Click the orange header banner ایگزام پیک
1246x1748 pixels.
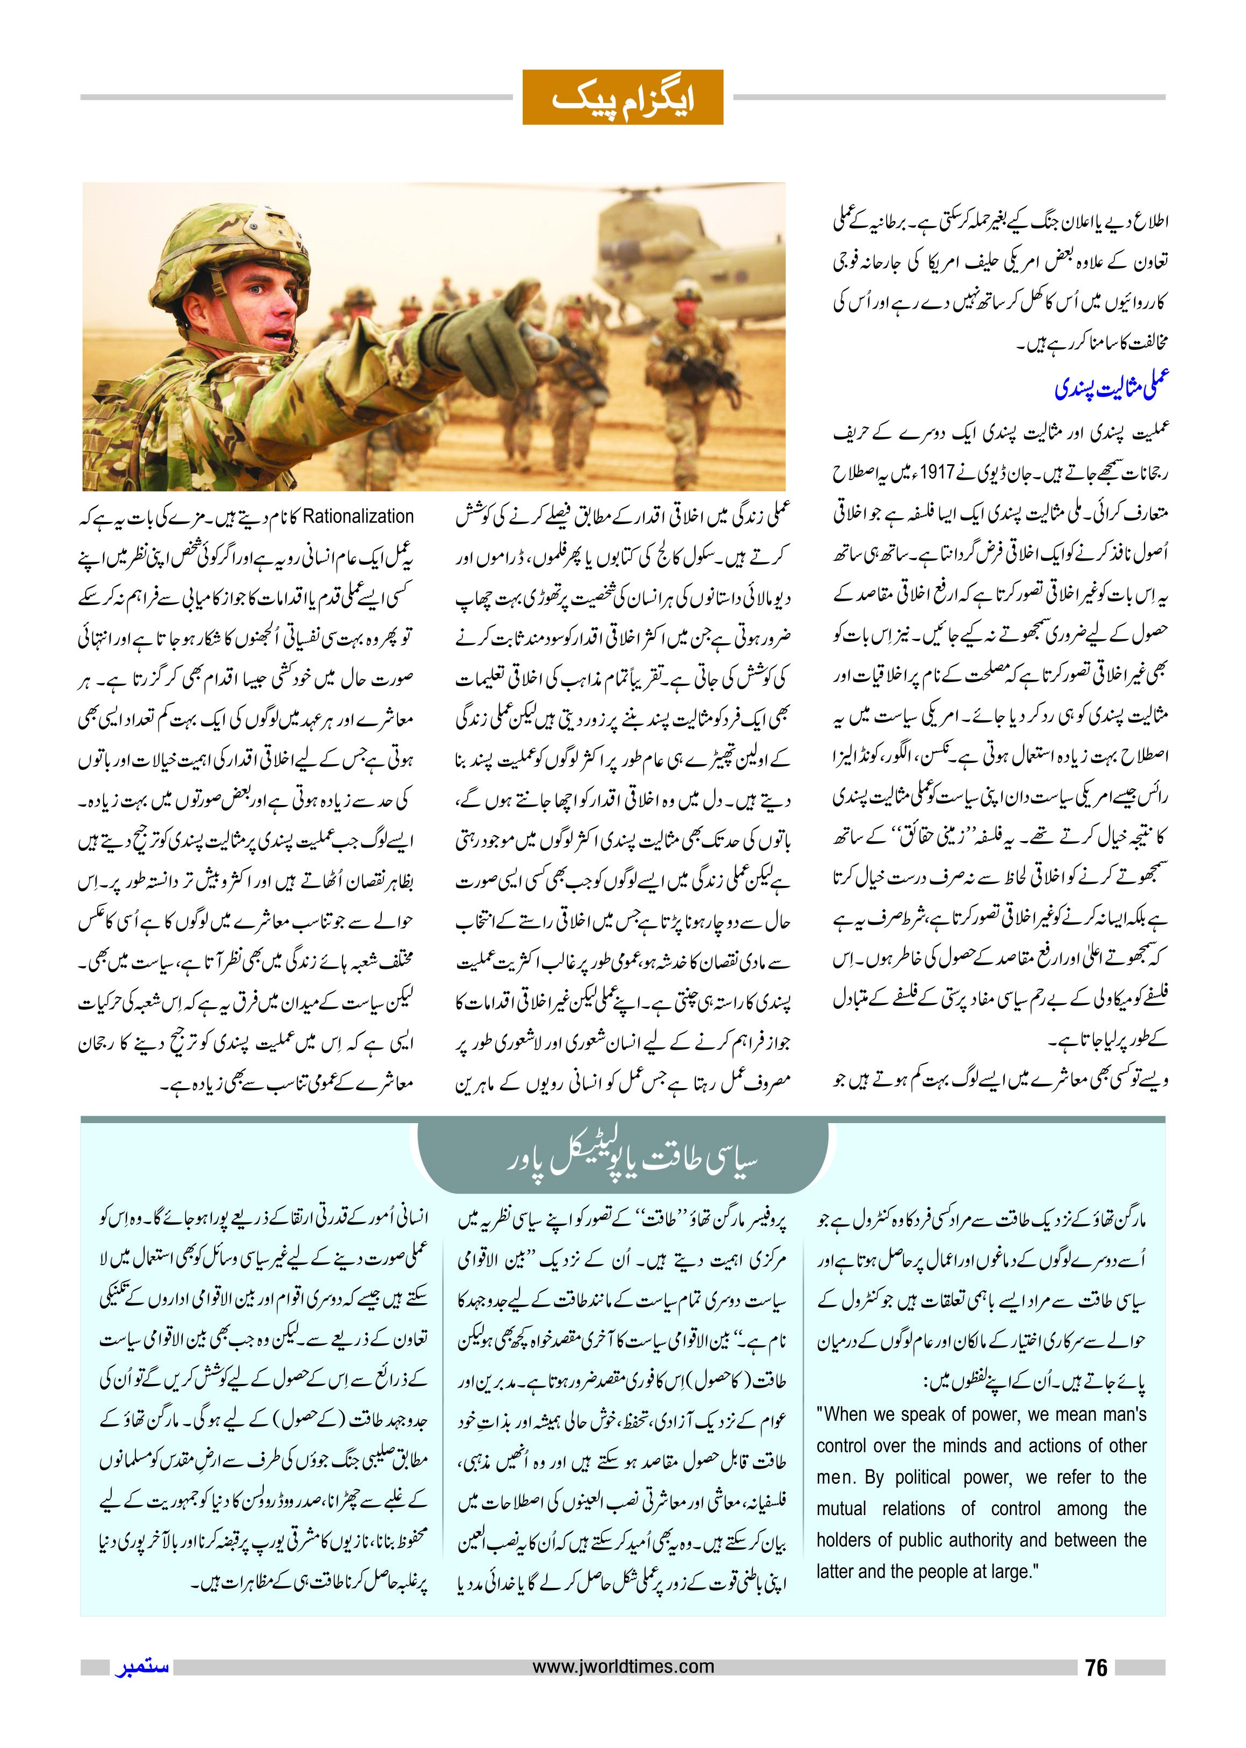(x=622, y=98)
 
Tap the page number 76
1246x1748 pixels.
(x=1097, y=1668)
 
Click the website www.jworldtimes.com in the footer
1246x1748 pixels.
(x=623, y=1666)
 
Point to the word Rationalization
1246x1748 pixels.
(x=358, y=516)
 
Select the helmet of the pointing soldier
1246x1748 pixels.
(x=238, y=245)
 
